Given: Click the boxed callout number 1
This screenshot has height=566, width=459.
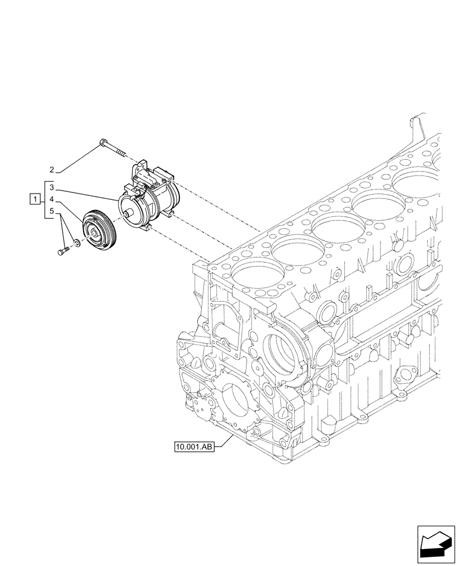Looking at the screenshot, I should [x=35, y=199].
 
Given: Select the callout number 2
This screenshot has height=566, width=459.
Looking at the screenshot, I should [x=51, y=170].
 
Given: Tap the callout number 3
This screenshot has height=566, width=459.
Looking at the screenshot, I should [x=51, y=187].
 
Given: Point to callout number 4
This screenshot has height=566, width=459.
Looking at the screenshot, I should [x=51, y=199].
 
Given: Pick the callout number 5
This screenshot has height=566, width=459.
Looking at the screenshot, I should [x=51, y=212].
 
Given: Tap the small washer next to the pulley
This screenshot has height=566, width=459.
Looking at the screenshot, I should [x=76, y=245].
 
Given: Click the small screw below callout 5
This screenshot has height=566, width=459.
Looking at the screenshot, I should [x=62, y=250].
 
